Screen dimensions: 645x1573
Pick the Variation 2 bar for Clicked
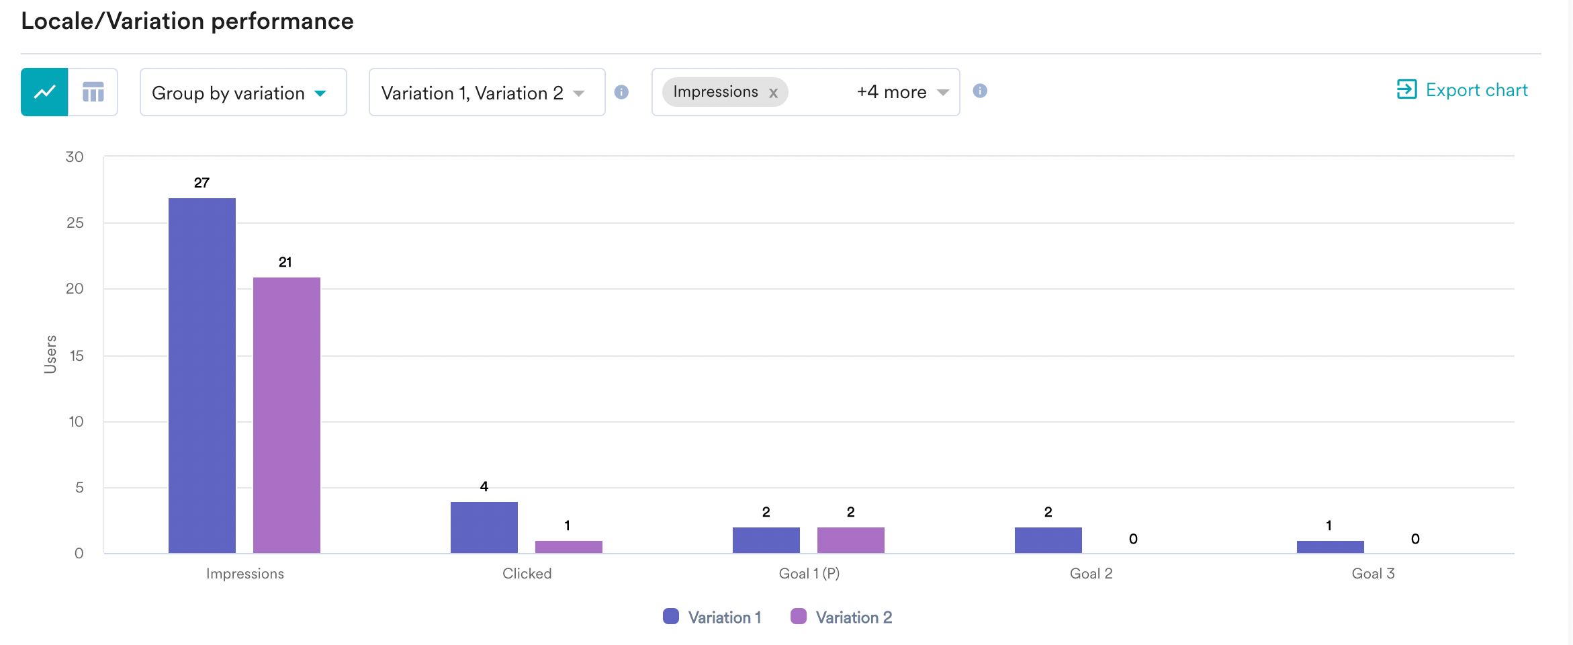click(x=568, y=546)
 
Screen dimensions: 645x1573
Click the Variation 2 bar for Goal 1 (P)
click(x=850, y=540)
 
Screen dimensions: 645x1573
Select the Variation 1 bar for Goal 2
click(x=1048, y=540)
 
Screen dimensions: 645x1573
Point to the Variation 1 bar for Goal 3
click(x=1330, y=546)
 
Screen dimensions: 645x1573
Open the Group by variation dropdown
click(x=242, y=93)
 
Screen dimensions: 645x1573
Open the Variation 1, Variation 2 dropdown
click(x=486, y=93)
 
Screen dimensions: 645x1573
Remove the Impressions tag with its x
click(x=774, y=93)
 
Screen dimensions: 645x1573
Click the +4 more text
click(x=891, y=92)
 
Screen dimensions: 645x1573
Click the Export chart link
click(x=1462, y=90)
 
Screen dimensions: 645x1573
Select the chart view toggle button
click(x=44, y=92)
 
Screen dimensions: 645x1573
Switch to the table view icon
click(x=93, y=92)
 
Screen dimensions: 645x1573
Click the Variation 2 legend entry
click(x=842, y=617)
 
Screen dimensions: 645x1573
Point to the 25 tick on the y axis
click(x=75, y=222)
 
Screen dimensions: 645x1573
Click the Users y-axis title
click(x=50, y=354)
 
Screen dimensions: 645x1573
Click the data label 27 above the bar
click(x=201, y=183)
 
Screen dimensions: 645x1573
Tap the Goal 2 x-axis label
click(x=1091, y=573)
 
